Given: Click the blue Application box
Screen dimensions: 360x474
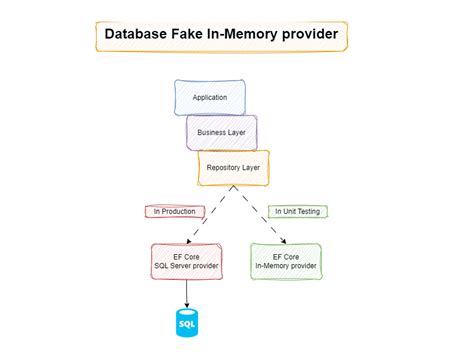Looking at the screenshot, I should click(x=209, y=98).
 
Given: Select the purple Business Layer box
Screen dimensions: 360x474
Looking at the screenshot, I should click(x=221, y=132).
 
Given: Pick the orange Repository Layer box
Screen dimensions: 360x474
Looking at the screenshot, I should click(x=233, y=168).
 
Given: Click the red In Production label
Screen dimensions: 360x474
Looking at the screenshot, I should click(x=176, y=212).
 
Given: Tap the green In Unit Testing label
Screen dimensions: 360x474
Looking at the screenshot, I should click(x=298, y=212).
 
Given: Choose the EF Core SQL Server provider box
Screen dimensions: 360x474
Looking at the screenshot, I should click(x=187, y=262).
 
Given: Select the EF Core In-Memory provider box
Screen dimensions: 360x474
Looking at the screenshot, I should click(x=286, y=262).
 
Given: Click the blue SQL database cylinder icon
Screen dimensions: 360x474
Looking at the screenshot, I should click(x=187, y=323).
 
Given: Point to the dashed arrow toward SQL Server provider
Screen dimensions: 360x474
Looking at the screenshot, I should click(x=205, y=220).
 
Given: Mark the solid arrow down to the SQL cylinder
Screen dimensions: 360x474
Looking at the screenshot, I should click(x=187, y=293).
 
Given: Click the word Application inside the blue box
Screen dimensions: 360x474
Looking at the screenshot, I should click(x=209, y=98).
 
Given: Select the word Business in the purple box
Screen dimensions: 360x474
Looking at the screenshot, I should click(x=211, y=132).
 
